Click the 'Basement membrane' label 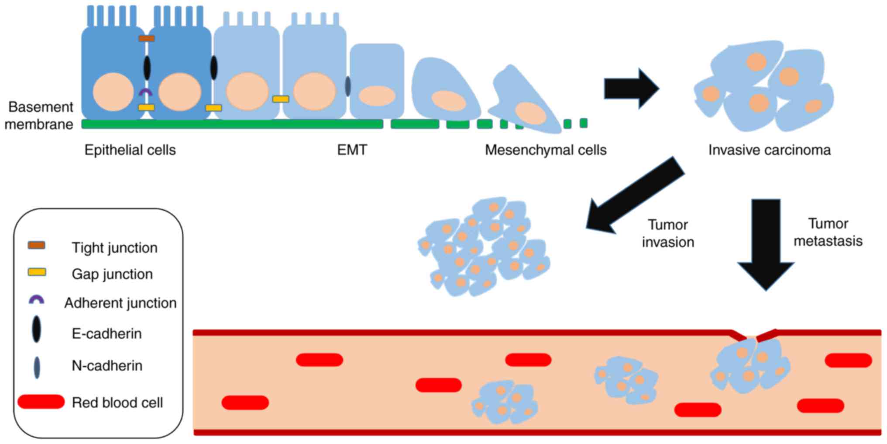[39, 116]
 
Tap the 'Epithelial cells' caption [130, 150]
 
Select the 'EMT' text [352, 150]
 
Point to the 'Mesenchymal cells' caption [546, 150]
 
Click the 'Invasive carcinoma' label [769, 150]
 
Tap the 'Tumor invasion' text [668, 233]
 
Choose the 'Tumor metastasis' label [828, 232]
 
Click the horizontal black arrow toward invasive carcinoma [631, 89]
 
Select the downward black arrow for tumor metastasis [766, 244]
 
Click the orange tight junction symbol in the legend [37, 245]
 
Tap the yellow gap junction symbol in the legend [37, 272]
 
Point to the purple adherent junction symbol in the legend [36, 300]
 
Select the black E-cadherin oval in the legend [37, 329]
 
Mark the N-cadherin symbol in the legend [37, 367]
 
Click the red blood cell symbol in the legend [41, 402]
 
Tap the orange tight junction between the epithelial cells [147, 38]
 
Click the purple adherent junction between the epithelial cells [145, 92]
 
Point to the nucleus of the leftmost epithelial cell [113, 92]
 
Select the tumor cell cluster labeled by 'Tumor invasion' [484, 247]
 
